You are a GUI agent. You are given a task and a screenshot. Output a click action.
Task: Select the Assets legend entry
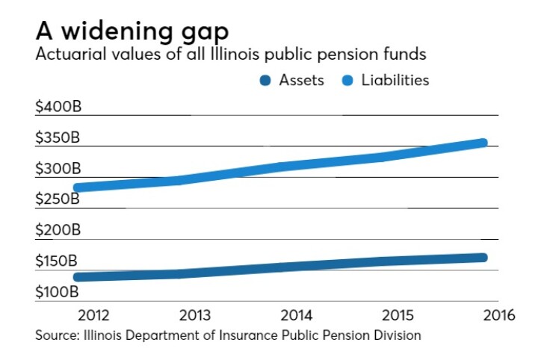[x=292, y=80]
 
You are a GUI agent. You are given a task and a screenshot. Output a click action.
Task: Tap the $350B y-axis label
[x=58, y=138]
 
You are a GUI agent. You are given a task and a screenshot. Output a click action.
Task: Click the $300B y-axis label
[x=58, y=169]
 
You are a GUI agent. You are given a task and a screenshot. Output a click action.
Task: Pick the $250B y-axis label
[x=58, y=199]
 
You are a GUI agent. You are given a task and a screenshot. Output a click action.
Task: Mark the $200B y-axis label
[x=58, y=231]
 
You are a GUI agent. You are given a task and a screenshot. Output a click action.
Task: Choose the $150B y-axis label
[x=58, y=261]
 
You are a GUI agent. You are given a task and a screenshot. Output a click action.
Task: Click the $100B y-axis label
[x=58, y=292]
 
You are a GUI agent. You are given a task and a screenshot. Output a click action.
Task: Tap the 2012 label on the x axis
[x=78, y=314]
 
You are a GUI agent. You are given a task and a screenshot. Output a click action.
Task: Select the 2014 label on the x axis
[x=285, y=314]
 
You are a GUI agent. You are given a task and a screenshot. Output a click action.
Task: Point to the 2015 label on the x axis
[x=387, y=314]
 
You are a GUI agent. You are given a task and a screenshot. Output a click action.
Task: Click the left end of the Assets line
[x=78, y=277]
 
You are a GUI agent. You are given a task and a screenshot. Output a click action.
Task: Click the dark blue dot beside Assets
[x=265, y=81]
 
